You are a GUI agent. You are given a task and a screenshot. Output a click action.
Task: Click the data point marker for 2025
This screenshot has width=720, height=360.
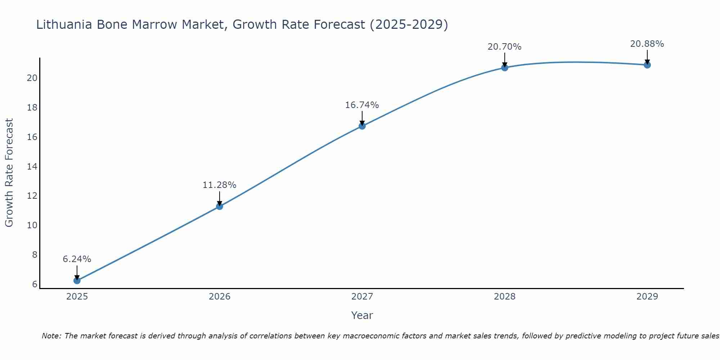[77, 280]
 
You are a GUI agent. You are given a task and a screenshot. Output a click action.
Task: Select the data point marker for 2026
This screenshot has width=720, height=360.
[220, 206]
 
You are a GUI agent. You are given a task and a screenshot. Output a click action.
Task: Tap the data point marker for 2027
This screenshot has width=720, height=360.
[362, 126]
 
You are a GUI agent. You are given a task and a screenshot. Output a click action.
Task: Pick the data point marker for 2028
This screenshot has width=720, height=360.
[505, 67]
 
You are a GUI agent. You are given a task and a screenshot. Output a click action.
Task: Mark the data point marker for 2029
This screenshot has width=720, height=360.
[647, 65]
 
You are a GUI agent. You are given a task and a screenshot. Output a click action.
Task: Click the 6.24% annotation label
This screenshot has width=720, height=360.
[77, 259]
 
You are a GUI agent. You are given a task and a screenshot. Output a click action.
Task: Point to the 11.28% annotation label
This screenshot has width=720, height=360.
[220, 185]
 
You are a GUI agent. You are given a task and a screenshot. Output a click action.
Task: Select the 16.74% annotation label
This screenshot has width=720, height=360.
[362, 105]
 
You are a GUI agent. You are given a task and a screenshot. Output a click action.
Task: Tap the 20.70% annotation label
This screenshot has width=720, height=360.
[505, 47]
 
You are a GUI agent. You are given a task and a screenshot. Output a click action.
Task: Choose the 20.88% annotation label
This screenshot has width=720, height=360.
[647, 44]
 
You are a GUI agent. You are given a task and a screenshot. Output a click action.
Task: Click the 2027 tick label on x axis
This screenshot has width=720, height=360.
[362, 297]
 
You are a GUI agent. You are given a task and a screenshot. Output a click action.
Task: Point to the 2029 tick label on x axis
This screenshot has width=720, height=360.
[647, 297]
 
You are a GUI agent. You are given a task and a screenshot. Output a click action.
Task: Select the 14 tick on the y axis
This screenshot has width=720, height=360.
[32, 167]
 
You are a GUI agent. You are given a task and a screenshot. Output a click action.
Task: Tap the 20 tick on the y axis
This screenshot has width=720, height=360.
[32, 78]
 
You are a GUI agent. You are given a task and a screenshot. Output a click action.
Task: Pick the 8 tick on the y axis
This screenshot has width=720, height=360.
[35, 255]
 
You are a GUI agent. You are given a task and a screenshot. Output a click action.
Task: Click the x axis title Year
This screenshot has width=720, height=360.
[362, 315]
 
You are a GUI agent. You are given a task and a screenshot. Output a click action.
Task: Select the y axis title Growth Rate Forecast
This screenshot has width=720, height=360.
[9, 173]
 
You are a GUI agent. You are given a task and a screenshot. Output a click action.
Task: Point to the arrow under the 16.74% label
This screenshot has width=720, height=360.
[362, 118]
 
